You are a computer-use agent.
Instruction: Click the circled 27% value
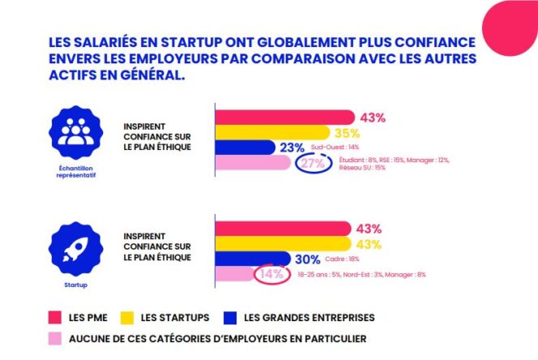(x=313, y=163)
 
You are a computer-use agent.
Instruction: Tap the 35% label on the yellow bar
(x=348, y=133)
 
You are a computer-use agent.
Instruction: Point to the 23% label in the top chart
(x=292, y=148)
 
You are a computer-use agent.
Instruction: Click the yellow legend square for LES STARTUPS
(x=128, y=317)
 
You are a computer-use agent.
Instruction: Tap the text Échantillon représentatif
(x=75, y=168)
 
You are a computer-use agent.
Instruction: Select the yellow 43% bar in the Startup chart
(x=283, y=244)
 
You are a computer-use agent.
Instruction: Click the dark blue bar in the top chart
(x=244, y=148)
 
